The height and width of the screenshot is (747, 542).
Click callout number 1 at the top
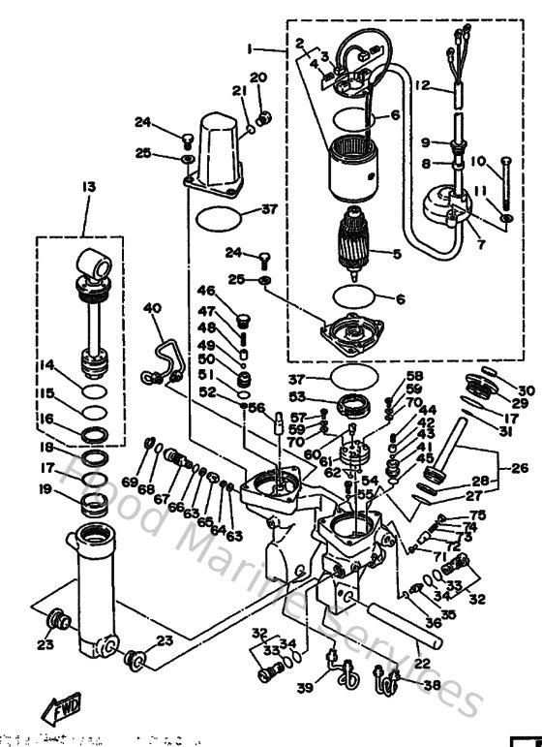click(249, 47)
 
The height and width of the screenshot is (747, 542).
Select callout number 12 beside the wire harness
click(421, 86)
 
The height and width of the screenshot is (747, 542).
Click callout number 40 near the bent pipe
click(152, 308)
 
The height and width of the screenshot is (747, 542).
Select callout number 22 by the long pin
click(421, 664)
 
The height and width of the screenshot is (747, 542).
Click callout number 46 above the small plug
click(205, 291)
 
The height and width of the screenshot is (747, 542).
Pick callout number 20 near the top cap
click(257, 78)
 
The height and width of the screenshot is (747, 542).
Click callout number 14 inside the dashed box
click(47, 366)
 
